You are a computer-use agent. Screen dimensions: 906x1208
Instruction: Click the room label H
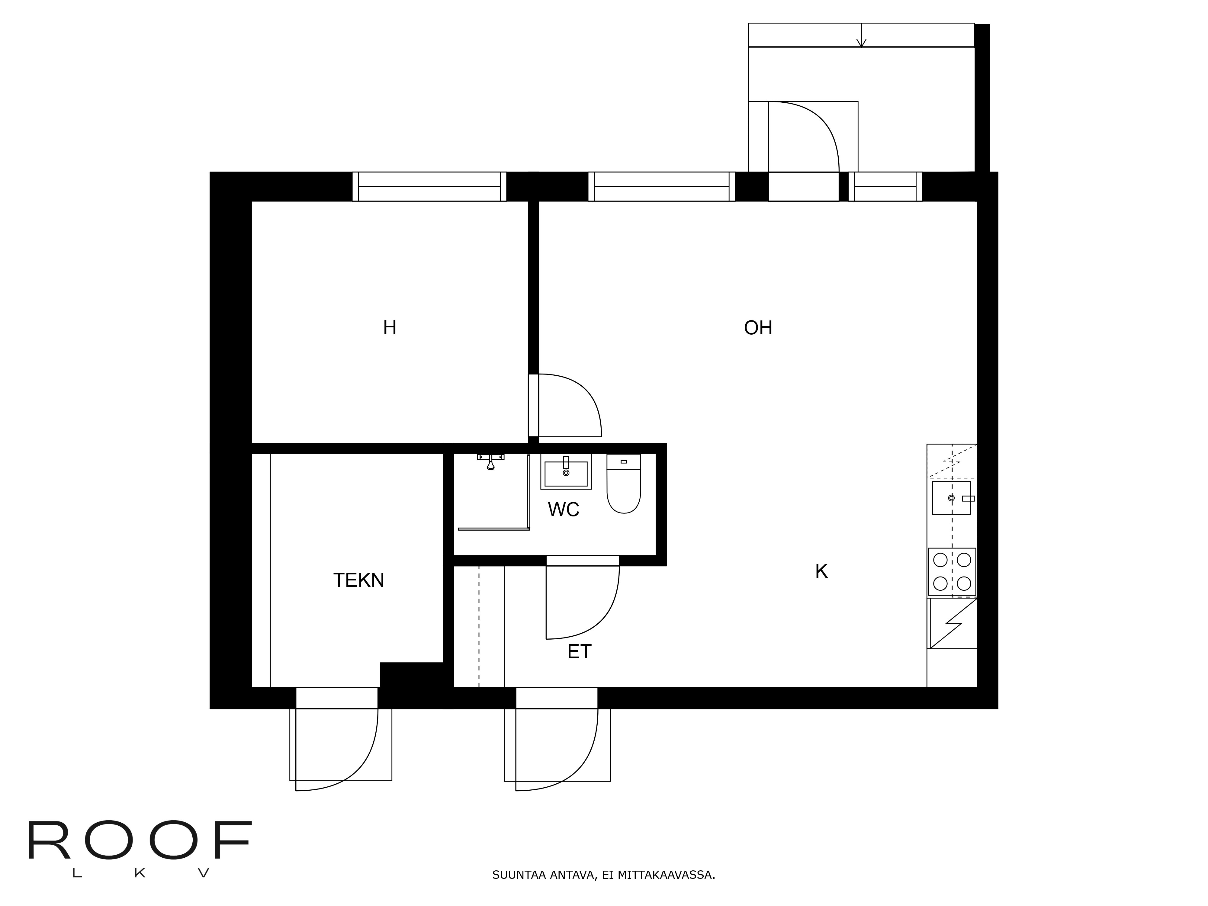389,328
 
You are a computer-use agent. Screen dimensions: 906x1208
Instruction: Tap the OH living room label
758,328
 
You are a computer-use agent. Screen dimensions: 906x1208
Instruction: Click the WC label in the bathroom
564,509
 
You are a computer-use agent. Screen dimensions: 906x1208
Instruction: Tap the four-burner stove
952,572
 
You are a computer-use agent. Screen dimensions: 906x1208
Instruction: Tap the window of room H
429,186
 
